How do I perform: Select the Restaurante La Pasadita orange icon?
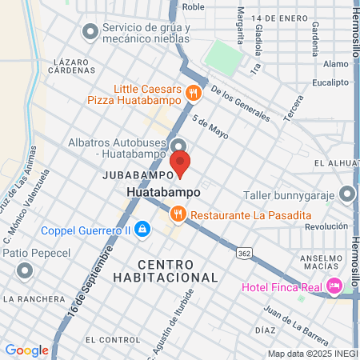(x=178, y=215)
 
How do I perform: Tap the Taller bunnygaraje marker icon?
(x=346, y=194)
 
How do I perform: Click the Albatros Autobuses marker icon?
(x=178, y=145)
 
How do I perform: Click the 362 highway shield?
(x=244, y=252)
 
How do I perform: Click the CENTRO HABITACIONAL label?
(x=177, y=270)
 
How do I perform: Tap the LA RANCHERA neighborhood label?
(x=34, y=299)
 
